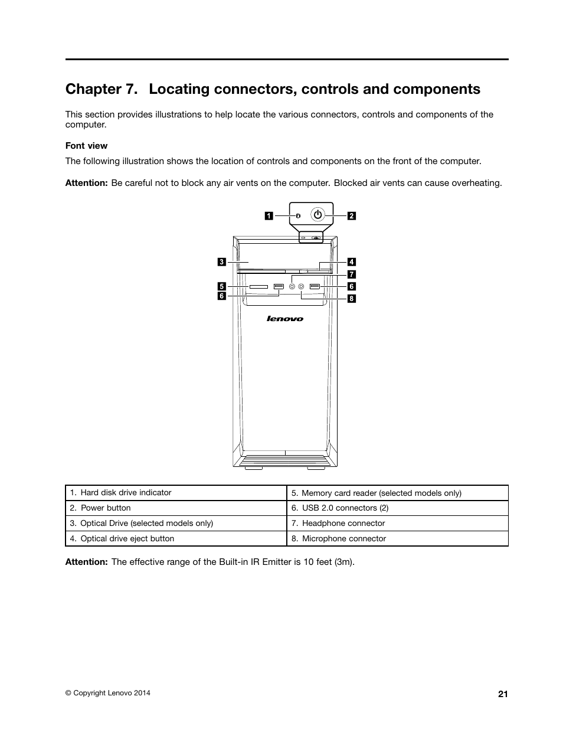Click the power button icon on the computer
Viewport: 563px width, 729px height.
(x=318, y=214)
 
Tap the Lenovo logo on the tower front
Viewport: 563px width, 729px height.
(x=285, y=319)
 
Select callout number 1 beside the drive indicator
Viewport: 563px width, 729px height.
(x=268, y=215)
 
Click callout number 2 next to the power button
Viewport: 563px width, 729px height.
(x=351, y=215)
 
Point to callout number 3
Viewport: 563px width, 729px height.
(x=221, y=261)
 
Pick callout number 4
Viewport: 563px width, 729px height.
(x=351, y=261)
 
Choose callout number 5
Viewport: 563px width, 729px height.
(x=222, y=286)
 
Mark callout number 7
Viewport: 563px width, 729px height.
(x=351, y=274)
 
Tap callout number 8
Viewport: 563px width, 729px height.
(x=351, y=299)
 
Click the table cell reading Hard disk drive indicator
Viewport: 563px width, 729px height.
(x=126, y=492)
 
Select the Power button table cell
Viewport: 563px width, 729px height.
(x=106, y=508)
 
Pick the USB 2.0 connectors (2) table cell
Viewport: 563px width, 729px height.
(x=345, y=508)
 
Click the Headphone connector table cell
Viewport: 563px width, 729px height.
(x=343, y=523)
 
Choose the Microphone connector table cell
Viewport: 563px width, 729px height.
(x=343, y=538)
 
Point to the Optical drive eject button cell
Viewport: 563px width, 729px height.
(x=127, y=538)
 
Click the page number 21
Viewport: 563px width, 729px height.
(x=502, y=694)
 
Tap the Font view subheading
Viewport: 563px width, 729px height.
(x=86, y=146)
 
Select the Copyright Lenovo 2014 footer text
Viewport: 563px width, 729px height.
(x=107, y=693)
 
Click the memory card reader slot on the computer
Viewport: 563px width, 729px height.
(x=258, y=287)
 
